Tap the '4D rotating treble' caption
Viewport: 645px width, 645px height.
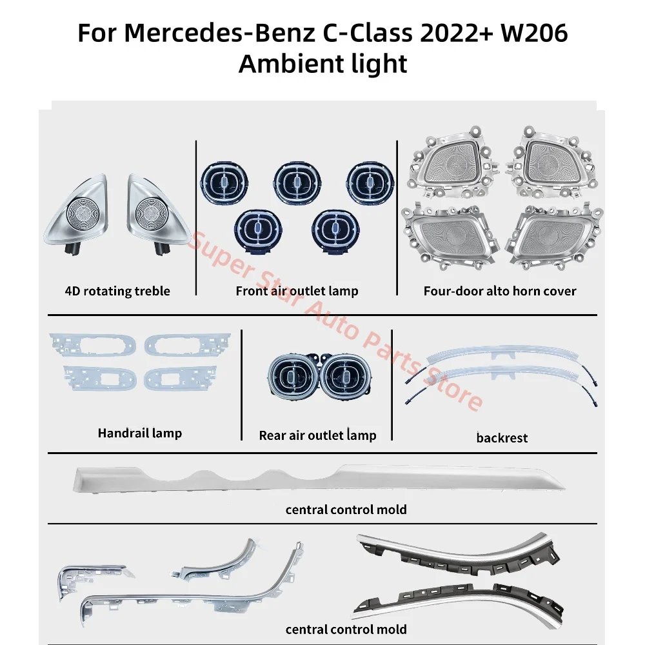click(x=117, y=291)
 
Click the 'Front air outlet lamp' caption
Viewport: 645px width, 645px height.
click(x=297, y=291)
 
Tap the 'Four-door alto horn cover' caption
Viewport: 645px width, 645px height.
click(x=499, y=291)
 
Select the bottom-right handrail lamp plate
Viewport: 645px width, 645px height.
click(x=183, y=377)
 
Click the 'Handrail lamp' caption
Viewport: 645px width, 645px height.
click(x=139, y=433)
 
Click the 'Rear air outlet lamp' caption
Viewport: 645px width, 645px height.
click(x=317, y=435)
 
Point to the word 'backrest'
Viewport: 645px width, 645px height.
click(x=501, y=438)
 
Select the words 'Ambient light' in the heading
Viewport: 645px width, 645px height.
click(x=322, y=63)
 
